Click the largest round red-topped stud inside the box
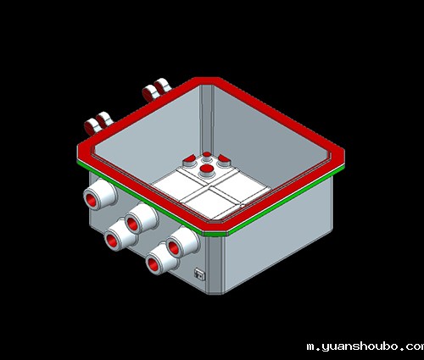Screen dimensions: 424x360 (207, 170)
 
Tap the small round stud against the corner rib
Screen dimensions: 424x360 (207, 156)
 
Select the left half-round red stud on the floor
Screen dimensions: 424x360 (189, 161)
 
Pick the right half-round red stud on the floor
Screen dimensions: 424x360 (224, 161)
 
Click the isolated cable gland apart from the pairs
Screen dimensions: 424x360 (99, 194)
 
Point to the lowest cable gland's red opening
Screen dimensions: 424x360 (153, 266)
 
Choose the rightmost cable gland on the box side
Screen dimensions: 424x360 (182, 242)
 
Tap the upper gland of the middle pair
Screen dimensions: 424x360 (141, 218)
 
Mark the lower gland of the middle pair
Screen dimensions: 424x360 (120, 235)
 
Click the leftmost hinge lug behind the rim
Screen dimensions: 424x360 (92, 126)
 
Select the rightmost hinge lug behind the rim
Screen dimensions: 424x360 (162, 86)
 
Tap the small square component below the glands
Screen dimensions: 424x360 (199, 274)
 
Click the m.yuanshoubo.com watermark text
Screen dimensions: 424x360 (365, 346)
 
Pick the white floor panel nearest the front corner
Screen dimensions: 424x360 (210, 204)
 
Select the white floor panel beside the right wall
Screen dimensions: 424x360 (240, 186)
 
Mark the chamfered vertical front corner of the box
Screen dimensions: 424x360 (215, 265)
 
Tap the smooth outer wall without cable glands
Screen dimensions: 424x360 (278, 235)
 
